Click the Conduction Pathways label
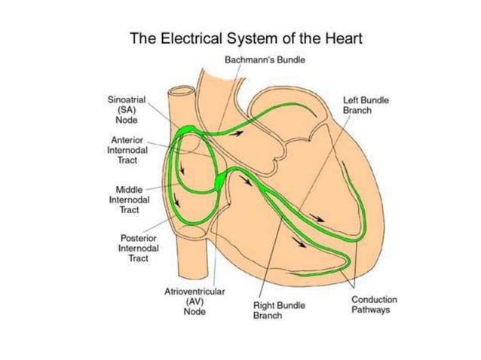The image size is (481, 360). (x=372, y=304)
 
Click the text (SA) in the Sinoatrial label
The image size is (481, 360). (x=127, y=108)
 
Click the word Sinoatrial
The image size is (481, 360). (x=127, y=99)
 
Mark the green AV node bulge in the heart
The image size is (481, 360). (x=219, y=182)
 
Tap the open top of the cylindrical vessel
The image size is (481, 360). (x=181, y=93)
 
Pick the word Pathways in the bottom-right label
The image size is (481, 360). (x=372, y=310)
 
